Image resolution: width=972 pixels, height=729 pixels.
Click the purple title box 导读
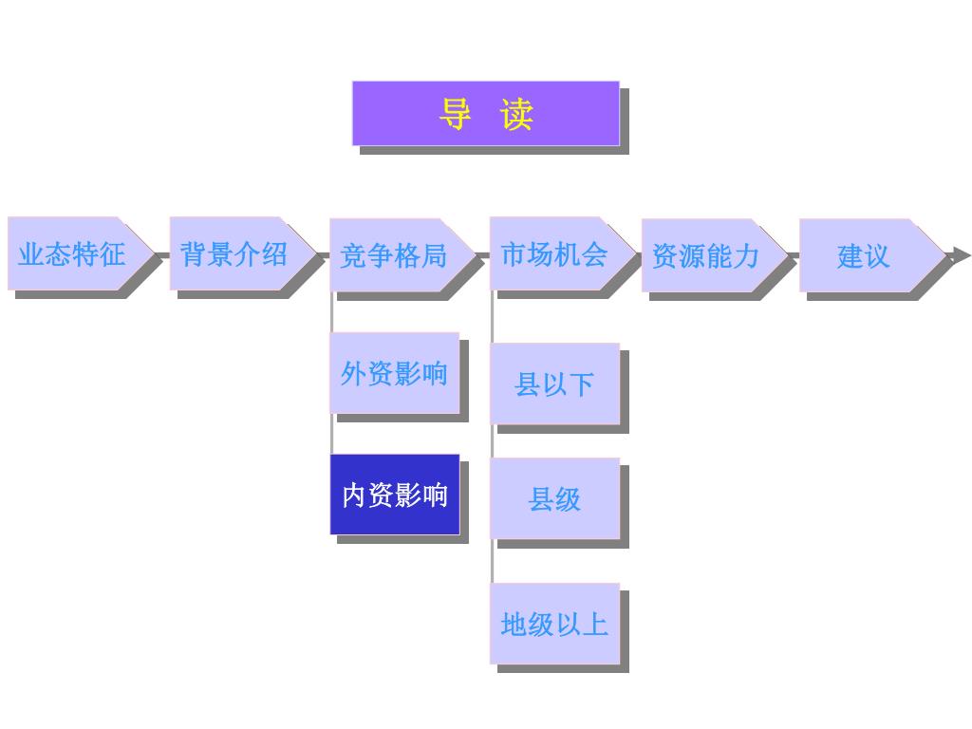click(x=485, y=113)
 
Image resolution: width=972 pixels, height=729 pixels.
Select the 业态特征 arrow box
click(x=76, y=253)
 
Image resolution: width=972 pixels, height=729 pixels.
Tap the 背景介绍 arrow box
click(x=237, y=253)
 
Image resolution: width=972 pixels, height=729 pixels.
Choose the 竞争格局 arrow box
click(x=397, y=255)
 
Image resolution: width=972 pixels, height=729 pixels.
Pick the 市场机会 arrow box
click(x=558, y=253)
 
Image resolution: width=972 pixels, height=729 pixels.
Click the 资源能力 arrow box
click(x=709, y=255)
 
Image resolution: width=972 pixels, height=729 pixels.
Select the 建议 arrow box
click(x=866, y=255)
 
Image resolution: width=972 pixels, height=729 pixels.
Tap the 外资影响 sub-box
click(x=394, y=373)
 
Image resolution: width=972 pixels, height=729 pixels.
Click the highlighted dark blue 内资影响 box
click(x=394, y=495)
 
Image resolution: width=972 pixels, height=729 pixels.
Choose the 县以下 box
click(x=554, y=383)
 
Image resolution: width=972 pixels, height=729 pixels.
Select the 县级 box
click(x=554, y=498)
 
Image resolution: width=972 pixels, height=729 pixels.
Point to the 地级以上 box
click(x=554, y=624)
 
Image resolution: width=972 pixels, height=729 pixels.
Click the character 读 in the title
click(x=517, y=114)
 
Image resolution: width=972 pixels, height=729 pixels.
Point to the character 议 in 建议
click(x=877, y=255)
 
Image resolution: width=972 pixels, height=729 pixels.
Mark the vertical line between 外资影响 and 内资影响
click(x=332, y=434)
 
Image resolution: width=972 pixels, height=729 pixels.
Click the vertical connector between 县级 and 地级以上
click(x=493, y=562)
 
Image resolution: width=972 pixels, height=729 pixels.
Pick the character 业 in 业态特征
click(x=31, y=253)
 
